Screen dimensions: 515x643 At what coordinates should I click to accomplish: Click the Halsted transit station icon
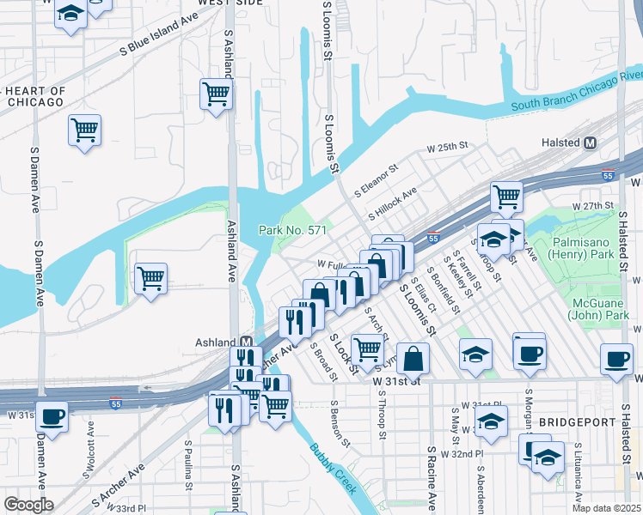coord(591,143)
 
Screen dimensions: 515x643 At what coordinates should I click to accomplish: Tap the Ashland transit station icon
coord(245,342)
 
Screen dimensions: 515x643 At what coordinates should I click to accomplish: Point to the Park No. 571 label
coord(293,230)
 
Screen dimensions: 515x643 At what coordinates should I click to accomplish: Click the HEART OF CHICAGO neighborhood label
coord(34,96)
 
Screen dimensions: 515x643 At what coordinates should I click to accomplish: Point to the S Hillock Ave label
coord(391,203)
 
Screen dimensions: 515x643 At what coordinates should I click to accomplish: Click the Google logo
coord(29,505)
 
